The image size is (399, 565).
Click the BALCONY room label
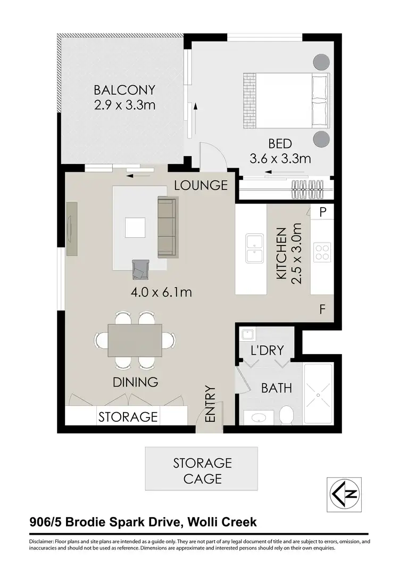124,89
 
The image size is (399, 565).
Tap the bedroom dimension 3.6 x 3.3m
280,158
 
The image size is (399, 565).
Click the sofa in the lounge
168,226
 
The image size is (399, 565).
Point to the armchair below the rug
141,269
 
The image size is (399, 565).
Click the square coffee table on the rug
135,228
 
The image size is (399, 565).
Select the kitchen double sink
255,249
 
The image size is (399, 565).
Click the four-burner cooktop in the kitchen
322,251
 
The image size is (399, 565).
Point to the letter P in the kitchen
323,212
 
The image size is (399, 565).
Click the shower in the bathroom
318,395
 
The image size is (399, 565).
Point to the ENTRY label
209,405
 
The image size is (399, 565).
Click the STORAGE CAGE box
202,470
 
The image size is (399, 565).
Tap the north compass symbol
344,495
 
